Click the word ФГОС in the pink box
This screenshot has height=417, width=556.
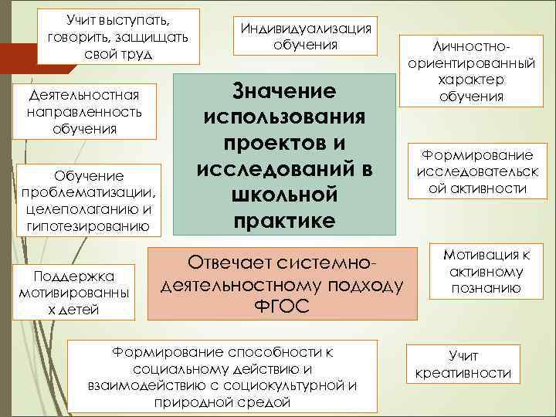point(281,307)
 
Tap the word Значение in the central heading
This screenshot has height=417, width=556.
point(283,90)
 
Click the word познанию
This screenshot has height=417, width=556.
point(486,289)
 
